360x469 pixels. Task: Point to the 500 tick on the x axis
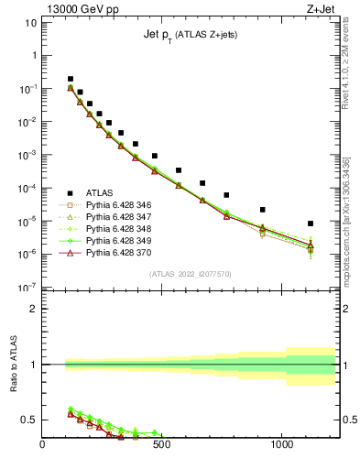click(x=162, y=446)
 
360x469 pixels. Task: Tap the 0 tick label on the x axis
click(x=43, y=446)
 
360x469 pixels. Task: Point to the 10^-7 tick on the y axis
click(x=27, y=288)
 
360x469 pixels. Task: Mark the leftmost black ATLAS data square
click(x=71, y=80)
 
